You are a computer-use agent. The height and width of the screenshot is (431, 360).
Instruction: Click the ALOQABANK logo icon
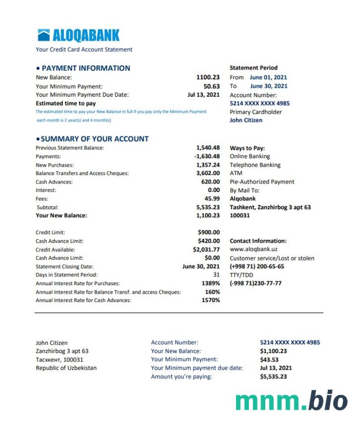44,35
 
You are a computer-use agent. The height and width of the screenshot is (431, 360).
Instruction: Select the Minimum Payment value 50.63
211,86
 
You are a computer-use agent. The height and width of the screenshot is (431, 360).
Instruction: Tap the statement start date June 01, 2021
268,77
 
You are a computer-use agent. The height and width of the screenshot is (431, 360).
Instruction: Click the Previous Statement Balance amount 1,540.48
208,148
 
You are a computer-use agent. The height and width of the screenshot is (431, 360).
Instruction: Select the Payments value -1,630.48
207,156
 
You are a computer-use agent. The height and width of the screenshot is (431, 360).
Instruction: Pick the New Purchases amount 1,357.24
208,165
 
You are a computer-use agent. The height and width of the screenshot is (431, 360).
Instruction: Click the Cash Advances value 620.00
210,182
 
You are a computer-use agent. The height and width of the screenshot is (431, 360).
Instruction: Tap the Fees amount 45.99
212,199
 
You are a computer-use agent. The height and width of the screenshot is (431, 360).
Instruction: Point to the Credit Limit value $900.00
209,232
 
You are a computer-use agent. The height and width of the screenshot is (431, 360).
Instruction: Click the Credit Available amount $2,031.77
206,249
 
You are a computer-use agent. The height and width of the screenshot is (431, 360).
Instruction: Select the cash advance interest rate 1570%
211,300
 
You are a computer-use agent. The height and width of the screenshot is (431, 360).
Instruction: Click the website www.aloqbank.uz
253,249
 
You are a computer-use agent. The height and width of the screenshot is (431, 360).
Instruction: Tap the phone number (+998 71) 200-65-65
257,266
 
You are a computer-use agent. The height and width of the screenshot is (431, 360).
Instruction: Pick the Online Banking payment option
250,156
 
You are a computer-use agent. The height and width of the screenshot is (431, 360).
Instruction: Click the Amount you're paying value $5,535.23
273,376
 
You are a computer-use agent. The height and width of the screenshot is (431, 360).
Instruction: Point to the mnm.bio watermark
292,400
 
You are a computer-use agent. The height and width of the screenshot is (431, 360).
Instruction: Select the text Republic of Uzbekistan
66,368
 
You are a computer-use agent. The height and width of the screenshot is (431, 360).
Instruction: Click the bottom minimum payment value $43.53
269,360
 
